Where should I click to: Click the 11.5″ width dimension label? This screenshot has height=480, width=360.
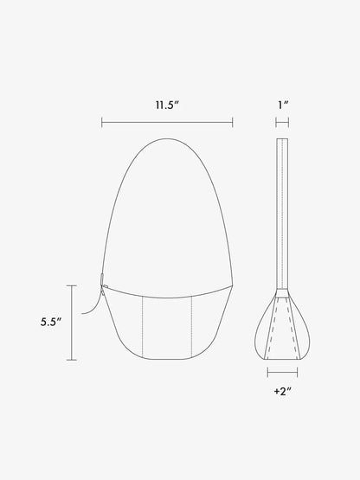pos(167,106)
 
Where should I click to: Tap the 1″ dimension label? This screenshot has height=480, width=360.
pos(283,106)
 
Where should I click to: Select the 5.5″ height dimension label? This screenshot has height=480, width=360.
pos(52,322)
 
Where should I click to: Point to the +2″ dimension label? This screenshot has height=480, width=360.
pos(282,391)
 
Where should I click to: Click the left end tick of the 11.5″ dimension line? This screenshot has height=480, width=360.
pos(102,123)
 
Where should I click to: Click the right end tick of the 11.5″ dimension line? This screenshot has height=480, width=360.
pos(233,123)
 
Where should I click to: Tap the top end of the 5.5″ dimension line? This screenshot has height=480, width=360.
pos(72,285)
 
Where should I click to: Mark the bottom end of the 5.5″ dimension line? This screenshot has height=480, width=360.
pos(72,360)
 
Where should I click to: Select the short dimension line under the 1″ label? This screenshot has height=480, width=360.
pos(282,123)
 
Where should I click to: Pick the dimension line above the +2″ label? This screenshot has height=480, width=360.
pos(282,373)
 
